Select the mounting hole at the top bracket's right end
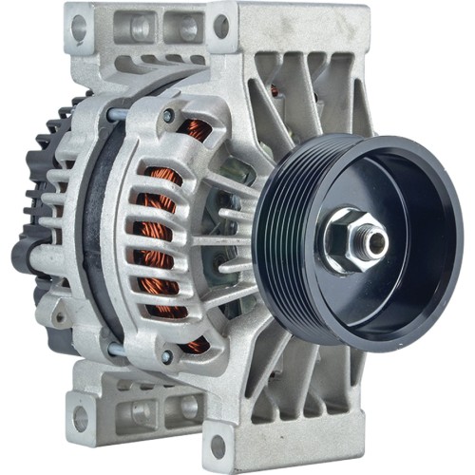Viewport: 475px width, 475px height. [x=221, y=27]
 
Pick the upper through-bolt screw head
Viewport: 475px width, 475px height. [x=168, y=116]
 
